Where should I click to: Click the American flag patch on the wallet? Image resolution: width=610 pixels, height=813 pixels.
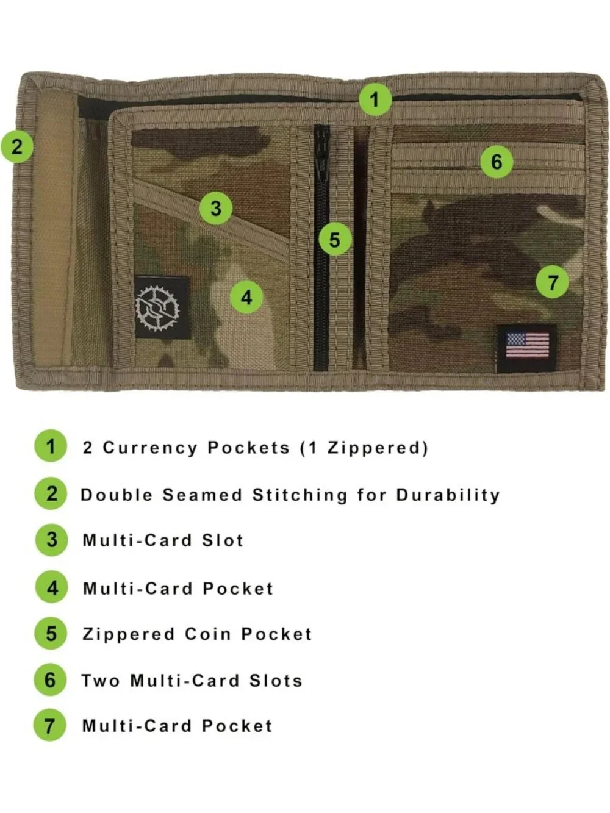(x=527, y=349)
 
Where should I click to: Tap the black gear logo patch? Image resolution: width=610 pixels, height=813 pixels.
(x=162, y=307)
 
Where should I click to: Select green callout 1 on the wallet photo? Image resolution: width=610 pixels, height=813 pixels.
(x=375, y=99)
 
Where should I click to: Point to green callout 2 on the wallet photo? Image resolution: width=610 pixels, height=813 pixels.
(x=17, y=146)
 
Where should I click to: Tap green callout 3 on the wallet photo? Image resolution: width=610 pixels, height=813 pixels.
(x=216, y=208)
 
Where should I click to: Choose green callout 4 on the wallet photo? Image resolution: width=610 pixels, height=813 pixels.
(x=246, y=298)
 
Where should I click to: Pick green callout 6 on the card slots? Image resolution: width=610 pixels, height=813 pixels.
(x=497, y=162)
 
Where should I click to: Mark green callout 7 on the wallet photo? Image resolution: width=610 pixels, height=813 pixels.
(x=553, y=282)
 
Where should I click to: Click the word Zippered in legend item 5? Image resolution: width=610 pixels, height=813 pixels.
(x=129, y=634)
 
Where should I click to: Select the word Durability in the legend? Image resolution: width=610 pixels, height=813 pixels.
(x=448, y=496)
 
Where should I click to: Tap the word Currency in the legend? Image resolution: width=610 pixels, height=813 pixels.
(x=150, y=448)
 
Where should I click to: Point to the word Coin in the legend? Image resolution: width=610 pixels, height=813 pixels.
(x=208, y=634)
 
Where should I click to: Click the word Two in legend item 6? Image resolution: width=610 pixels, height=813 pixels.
(x=101, y=681)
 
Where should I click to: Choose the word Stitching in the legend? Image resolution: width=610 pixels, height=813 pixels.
(x=300, y=496)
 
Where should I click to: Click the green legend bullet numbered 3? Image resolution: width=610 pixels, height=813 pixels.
(x=51, y=540)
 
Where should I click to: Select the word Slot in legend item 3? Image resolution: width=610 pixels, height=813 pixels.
(x=223, y=540)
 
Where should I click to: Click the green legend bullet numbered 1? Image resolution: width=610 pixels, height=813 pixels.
(x=51, y=446)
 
